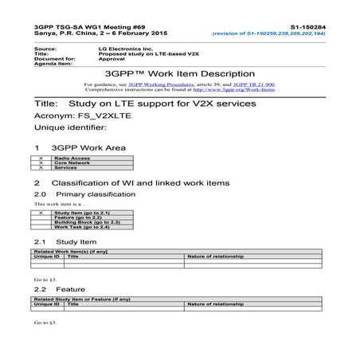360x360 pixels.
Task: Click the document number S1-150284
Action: pos(327,26)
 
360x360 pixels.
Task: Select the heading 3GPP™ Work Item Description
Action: pos(181,72)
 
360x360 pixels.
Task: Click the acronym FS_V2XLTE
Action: pos(96,116)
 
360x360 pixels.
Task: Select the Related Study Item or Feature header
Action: pos(80,299)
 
